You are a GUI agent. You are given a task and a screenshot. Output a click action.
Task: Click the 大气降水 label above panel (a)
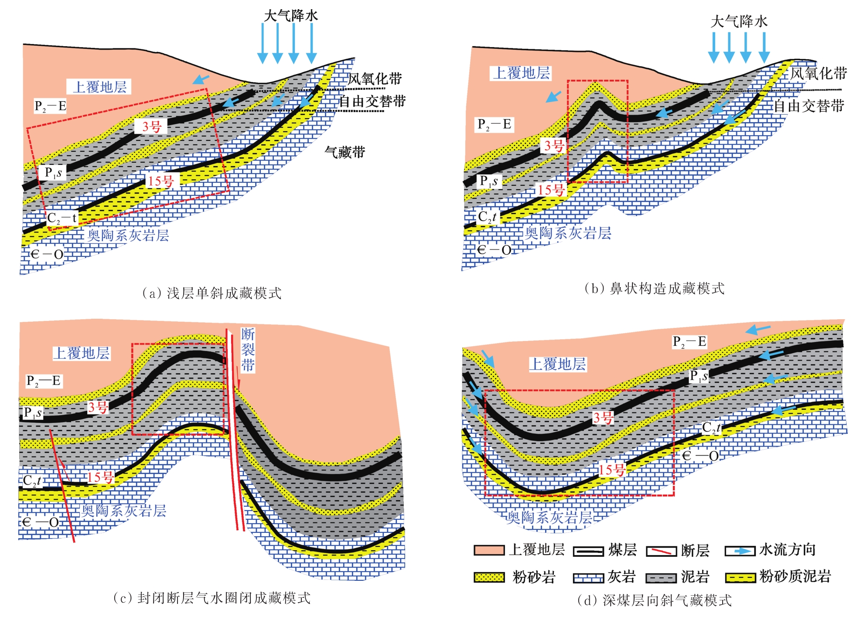click(x=291, y=16)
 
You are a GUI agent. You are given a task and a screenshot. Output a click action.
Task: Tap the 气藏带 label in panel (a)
click(x=345, y=152)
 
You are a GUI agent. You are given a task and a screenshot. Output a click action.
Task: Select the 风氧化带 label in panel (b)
click(x=819, y=73)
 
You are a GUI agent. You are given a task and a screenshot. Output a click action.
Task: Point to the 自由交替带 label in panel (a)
click(x=372, y=101)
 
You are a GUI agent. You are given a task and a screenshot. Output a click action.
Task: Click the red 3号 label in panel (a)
click(x=152, y=126)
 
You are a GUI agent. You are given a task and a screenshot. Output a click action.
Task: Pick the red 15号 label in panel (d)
click(x=611, y=470)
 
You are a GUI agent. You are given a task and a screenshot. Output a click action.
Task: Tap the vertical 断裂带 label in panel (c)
click(x=248, y=350)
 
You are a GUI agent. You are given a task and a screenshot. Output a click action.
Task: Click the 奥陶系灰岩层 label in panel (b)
click(x=567, y=233)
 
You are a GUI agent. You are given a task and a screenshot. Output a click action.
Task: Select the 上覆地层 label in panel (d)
click(x=558, y=364)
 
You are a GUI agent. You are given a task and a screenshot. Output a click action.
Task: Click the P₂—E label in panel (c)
click(x=44, y=381)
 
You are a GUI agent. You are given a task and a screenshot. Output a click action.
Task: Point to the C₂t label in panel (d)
click(x=711, y=428)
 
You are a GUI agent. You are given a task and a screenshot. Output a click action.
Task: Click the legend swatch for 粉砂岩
click(x=489, y=577)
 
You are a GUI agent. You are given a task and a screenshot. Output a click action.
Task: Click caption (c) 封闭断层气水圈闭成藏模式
click(x=212, y=598)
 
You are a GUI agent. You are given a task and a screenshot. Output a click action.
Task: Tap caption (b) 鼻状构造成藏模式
click(x=654, y=288)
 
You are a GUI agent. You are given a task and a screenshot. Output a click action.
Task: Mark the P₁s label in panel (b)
click(x=488, y=181)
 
